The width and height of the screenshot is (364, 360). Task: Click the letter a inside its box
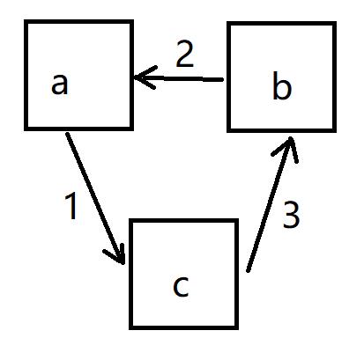(60, 84)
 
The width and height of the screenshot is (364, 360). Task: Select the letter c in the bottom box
(181, 286)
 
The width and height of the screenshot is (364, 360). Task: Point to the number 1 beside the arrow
(71, 207)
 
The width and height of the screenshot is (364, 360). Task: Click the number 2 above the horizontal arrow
(185, 55)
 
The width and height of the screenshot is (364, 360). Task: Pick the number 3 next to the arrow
(291, 215)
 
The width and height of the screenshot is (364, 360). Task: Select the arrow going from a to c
(96, 199)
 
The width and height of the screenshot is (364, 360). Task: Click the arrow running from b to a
(178, 78)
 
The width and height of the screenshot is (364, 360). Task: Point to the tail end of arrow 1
(67, 134)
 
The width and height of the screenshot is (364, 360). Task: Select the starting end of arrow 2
(222, 79)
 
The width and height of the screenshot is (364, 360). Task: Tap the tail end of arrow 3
(248, 271)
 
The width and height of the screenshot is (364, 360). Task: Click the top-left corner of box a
(26, 21)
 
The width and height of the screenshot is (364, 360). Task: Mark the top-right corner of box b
(335, 23)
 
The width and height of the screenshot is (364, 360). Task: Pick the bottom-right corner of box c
(236, 327)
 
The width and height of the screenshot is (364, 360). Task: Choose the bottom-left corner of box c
(130, 327)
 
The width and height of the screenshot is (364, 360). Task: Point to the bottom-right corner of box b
(335, 130)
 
